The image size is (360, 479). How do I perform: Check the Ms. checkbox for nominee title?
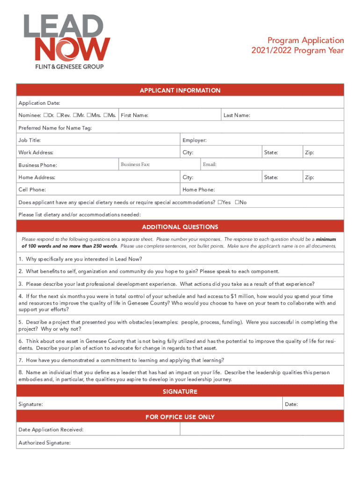106,115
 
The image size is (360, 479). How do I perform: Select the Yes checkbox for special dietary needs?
220,203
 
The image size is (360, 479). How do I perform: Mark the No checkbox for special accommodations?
237,203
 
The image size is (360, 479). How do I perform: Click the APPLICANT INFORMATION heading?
180,90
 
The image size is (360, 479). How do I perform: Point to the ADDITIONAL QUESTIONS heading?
180,227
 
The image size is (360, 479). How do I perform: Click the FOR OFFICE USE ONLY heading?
180,417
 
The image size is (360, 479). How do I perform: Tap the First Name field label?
135,116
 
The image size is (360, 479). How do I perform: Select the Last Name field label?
237,116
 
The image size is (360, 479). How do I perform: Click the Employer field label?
194,140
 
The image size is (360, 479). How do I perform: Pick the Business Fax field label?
135,165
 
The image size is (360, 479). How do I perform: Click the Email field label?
210,165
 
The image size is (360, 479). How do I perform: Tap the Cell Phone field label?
32,190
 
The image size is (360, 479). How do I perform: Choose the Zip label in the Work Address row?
309,152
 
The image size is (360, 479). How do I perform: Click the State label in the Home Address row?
271,178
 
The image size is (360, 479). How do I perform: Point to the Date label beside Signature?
291,404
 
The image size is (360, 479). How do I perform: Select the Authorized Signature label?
44,443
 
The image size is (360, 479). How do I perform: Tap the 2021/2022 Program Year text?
298,51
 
